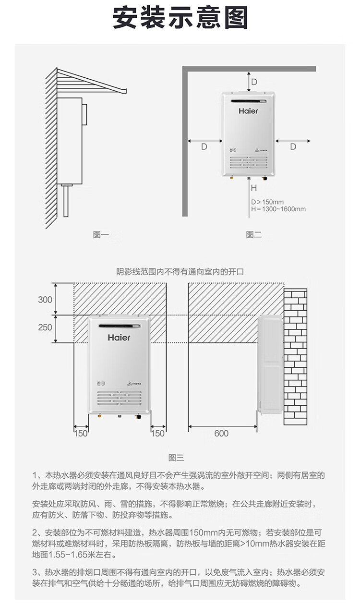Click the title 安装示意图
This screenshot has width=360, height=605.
[x=180, y=18]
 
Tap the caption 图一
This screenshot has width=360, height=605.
[x=101, y=235]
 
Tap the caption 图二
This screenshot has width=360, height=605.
[x=253, y=235]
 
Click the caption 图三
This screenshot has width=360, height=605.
[x=176, y=458]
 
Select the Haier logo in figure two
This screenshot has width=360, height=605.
[x=249, y=111]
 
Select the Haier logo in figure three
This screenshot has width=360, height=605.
[x=119, y=337]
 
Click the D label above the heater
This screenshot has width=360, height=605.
[x=255, y=82]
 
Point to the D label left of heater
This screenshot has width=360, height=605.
[x=204, y=146]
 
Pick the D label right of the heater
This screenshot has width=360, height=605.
[x=293, y=146]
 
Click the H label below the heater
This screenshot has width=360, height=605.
[x=254, y=188]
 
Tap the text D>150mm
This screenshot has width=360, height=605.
[x=267, y=202]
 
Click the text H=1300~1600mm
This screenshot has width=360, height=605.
[x=278, y=209]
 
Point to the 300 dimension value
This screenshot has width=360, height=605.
[x=45, y=300]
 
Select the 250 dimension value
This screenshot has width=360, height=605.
[x=45, y=327]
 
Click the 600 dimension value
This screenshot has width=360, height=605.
[x=221, y=434]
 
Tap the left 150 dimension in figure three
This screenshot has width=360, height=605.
[x=81, y=434]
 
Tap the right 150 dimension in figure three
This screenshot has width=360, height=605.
[x=158, y=434]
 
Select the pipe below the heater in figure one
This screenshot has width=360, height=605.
[x=67, y=202]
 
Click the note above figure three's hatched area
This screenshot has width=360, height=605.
[x=180, y=271]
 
